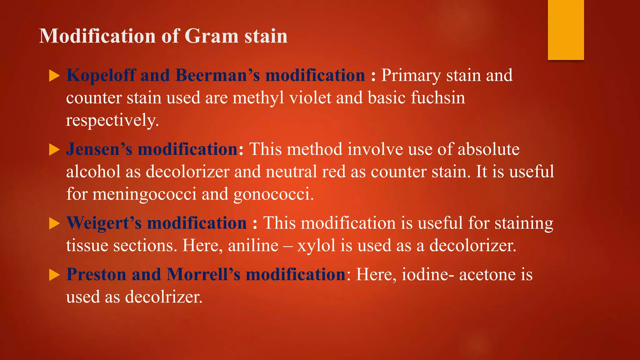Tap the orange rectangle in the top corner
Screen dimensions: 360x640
click(x=566, y=30)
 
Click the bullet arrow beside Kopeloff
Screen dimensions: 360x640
click(x=54, y=76)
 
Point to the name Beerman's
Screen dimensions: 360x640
click(x=217, y=76)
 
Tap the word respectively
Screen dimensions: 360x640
click(x=112, y=120)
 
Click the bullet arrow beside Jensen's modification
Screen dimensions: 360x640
click(x=54, y=150)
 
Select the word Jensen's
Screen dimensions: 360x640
click(x=99, y=149)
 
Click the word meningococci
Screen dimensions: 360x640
click(x=144, y=194)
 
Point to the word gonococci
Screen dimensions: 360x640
click(x=273, y=194)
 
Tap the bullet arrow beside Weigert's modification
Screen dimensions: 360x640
click(x=54, y=223)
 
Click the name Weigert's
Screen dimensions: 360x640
click(x=104, y=223)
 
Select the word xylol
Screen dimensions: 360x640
click(x=316, y=246)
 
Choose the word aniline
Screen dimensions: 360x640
click(x=253, y=246)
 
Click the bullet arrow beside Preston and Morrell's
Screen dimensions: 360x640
click(x=54, y=275)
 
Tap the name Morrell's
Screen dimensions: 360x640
click(x=203, y=275)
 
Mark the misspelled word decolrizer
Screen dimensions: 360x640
click(x=163, y=297)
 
